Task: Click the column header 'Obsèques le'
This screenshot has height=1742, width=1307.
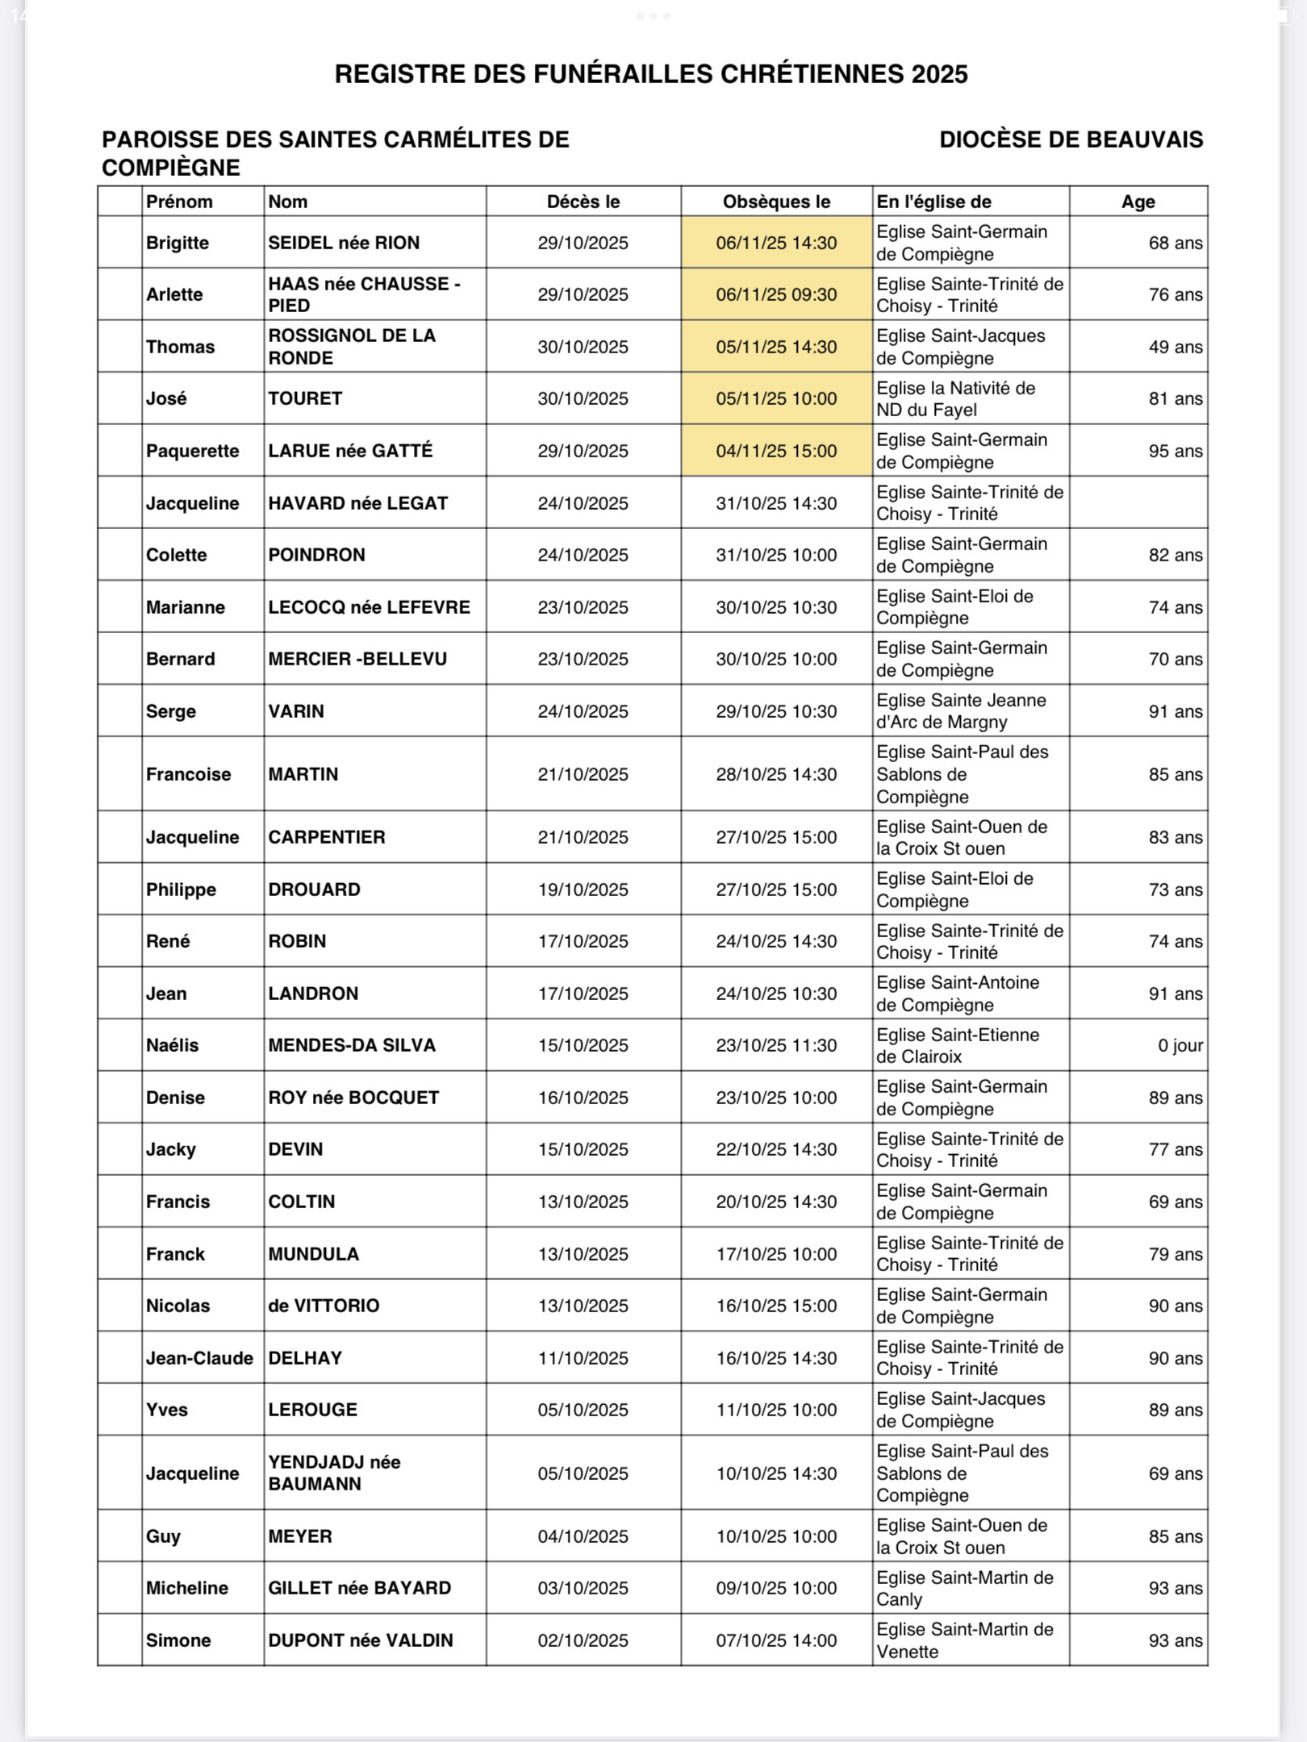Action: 776,202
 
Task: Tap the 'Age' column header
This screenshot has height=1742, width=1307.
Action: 1138,202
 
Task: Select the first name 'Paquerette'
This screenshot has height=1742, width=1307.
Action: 192,451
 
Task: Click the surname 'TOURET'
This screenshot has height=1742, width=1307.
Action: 305,398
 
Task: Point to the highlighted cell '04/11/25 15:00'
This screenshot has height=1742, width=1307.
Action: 776,451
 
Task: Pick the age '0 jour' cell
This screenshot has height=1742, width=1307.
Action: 1180,1045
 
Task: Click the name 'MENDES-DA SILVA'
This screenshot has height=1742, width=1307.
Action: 352,1045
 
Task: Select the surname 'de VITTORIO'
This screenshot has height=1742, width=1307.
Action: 324,1306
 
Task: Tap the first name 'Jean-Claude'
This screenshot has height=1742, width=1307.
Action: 199,1358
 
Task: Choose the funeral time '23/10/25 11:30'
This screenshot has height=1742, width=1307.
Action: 776,1045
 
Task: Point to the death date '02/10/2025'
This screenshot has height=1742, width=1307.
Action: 583,1640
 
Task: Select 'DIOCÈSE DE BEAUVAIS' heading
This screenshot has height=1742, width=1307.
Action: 1071,140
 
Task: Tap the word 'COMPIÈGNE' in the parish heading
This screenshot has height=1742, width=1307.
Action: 171,168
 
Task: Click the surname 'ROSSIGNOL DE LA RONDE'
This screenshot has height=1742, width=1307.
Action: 352,347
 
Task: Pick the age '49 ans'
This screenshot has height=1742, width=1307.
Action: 1175,347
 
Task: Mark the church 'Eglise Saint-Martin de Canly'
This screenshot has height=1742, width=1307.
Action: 964,1588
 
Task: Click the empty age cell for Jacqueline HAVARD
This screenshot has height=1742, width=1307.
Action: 1138,503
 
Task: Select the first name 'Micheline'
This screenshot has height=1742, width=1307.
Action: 187,1588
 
